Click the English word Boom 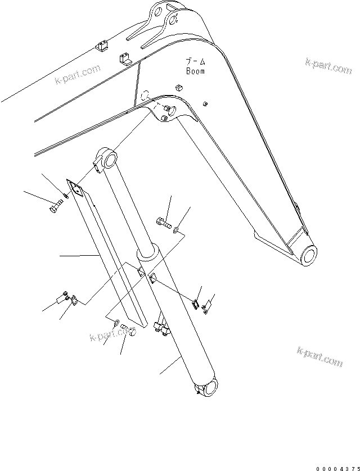coord(195,71)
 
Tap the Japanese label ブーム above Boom coord(195,62)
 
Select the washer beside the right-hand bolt coord(177,229)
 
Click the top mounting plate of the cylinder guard coord(75,189)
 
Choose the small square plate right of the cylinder coord(195,303)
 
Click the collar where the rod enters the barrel coord(147,254)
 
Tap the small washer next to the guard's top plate coord(66,196)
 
